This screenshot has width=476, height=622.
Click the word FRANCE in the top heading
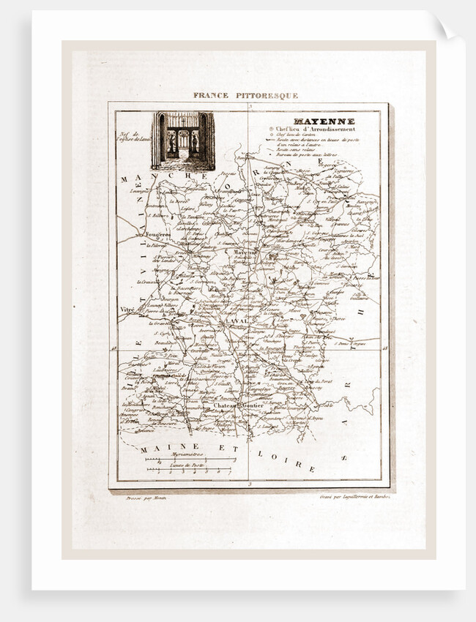[211, 95]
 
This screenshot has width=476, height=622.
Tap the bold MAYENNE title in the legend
[313, 121]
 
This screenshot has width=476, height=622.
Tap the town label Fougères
[157, 235]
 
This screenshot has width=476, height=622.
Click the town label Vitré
[127, 310]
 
